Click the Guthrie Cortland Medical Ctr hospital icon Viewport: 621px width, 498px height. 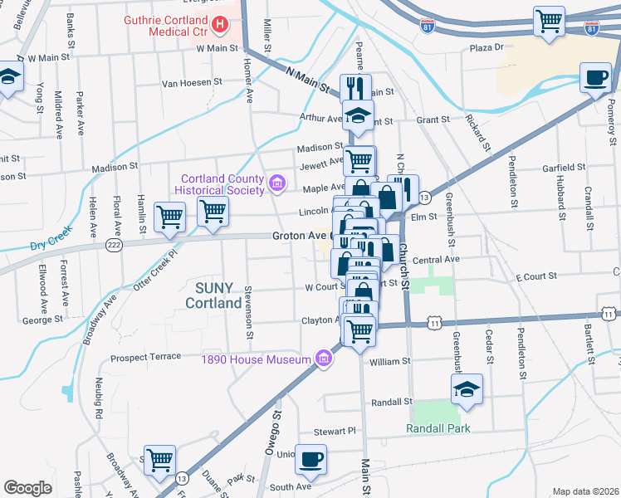pos(219,25)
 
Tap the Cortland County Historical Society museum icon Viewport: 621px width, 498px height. pos(277,183)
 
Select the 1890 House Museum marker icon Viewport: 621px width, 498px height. pos(323,359)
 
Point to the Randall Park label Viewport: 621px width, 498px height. pos(438,428)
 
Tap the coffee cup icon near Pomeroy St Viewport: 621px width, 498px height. pos(594,78)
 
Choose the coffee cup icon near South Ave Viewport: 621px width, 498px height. pos(311,459)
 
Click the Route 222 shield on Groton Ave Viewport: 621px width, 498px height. pos(115,245)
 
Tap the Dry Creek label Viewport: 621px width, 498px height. pos(46,246)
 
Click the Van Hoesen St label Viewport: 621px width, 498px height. pos(192,82)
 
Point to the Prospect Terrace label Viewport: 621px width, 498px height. pos(146,356)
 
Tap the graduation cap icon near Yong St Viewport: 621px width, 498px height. pos(9,79)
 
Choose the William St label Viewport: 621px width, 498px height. pos(390,361)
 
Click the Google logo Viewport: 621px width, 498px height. pos(28,488)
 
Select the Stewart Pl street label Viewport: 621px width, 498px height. pos(335,432)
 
